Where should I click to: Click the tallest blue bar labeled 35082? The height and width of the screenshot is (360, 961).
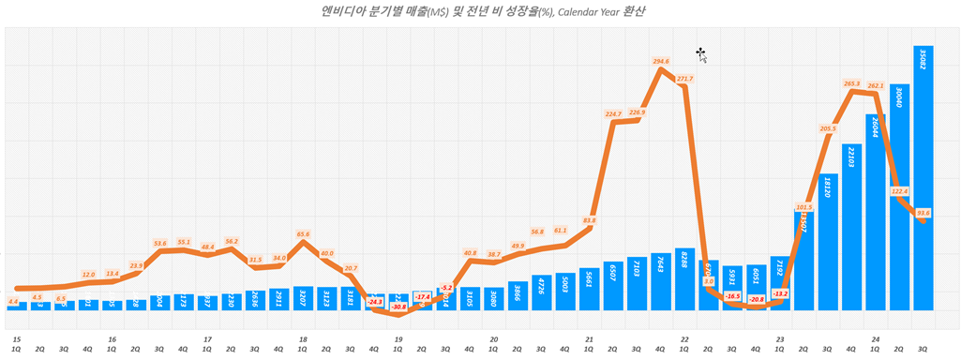(x=923, y=178)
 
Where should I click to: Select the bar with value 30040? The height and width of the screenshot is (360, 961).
(x=899, y=197)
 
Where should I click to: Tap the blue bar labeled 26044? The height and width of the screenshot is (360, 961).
(x=875, y=225)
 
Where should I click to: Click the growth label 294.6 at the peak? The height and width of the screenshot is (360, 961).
(x=661, y=61)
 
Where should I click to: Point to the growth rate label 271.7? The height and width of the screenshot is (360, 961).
(x=684, y=79)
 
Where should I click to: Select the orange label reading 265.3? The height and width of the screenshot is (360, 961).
(x=851, y=83)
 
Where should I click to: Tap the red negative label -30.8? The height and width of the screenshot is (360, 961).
(x=398, y=307)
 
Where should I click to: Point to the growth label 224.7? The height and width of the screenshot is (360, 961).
(x=613, y=114)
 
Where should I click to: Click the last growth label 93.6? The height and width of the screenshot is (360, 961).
(x=923, y=213)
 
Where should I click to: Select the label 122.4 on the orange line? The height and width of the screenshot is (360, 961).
(x=899, y=191)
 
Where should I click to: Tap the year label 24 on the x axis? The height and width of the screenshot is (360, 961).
(x=875, y=339)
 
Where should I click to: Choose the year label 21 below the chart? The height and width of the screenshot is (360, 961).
(x=589, y=339)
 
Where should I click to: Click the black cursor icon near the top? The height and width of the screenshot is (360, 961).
(x=700, y=52)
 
